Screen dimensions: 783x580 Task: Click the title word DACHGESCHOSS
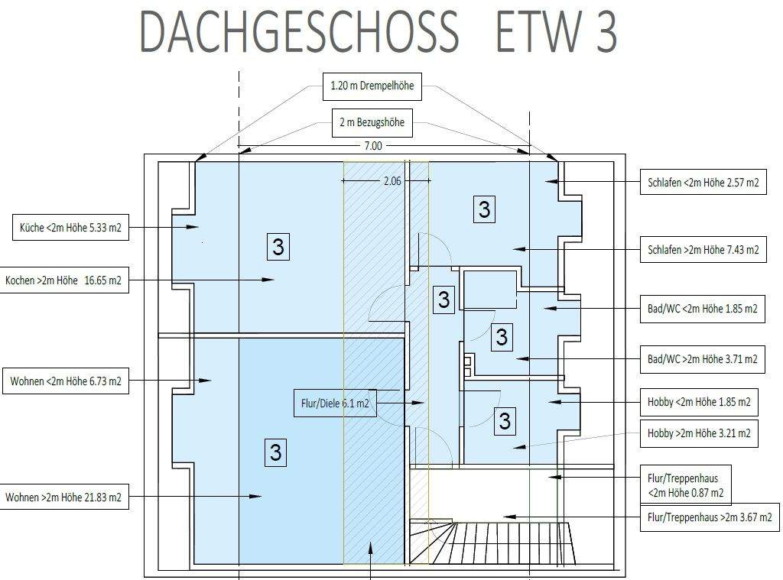(299, 32)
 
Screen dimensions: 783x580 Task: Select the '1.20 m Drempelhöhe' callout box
(372, 86)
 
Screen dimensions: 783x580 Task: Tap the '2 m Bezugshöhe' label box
(372, 122)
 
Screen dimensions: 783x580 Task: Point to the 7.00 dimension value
(373, 146)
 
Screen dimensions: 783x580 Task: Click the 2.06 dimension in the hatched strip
(392, 181)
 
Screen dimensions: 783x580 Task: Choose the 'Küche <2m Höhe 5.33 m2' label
(70, 228)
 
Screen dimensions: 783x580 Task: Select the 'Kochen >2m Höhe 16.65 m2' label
(63, 280)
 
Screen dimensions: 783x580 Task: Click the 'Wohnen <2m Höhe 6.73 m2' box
(66, 381)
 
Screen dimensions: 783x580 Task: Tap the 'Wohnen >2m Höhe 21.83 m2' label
(63, 497)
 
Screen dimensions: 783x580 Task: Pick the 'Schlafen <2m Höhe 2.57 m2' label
(703, 182)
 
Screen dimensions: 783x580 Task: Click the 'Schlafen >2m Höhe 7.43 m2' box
(703, 250)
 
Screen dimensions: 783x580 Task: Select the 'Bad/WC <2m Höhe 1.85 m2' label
(702, 309)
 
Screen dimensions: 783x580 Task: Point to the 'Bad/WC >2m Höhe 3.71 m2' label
(702, 359)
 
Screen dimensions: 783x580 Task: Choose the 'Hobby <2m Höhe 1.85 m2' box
(699, 402)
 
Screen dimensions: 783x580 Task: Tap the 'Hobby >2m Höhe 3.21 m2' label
(699, 433)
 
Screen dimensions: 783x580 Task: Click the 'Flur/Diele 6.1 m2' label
(335, 403)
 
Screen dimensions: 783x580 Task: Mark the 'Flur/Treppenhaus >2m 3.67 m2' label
(710, 517)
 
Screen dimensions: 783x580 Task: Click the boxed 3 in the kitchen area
(278, 247)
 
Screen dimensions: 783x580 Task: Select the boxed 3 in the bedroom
(484, 209)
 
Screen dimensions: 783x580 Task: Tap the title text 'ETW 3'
(556, 32)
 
